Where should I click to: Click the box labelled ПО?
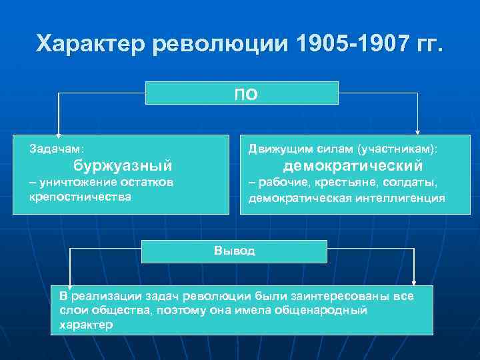coord(242,93)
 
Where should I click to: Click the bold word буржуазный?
coord(123,165)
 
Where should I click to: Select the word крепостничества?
coord(80,197)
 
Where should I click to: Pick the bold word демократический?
coord(353,165)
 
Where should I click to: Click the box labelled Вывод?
coord(234,251)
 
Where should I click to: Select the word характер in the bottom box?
coord(86,325)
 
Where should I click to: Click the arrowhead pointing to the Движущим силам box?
coord(418,131)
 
